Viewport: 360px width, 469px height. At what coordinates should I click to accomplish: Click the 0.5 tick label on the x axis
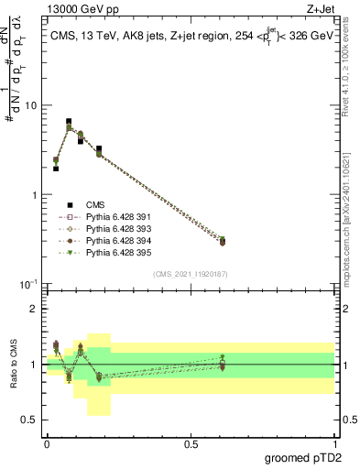pyautogui.click(x=191, y=443)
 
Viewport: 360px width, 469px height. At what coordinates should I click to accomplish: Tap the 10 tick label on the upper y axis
pyautogui.click(x=30, y=106)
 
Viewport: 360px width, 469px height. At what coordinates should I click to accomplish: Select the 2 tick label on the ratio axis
pyautogui.click(x=34, y=309)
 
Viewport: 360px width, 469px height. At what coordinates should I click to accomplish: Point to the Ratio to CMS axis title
pyautogui.click(x=12, y=364)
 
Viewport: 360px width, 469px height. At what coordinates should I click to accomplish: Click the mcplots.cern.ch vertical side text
pyautogui.click(x=352, y=220)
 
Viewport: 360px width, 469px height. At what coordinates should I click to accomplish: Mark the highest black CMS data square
pyautogui.click(x=69, y=121)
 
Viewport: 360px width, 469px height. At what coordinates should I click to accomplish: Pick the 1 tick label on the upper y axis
pyautogui.click(x=34, y=195)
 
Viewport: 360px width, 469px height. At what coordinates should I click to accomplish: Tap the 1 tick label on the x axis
pyautogui.click(x=334, y=443)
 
